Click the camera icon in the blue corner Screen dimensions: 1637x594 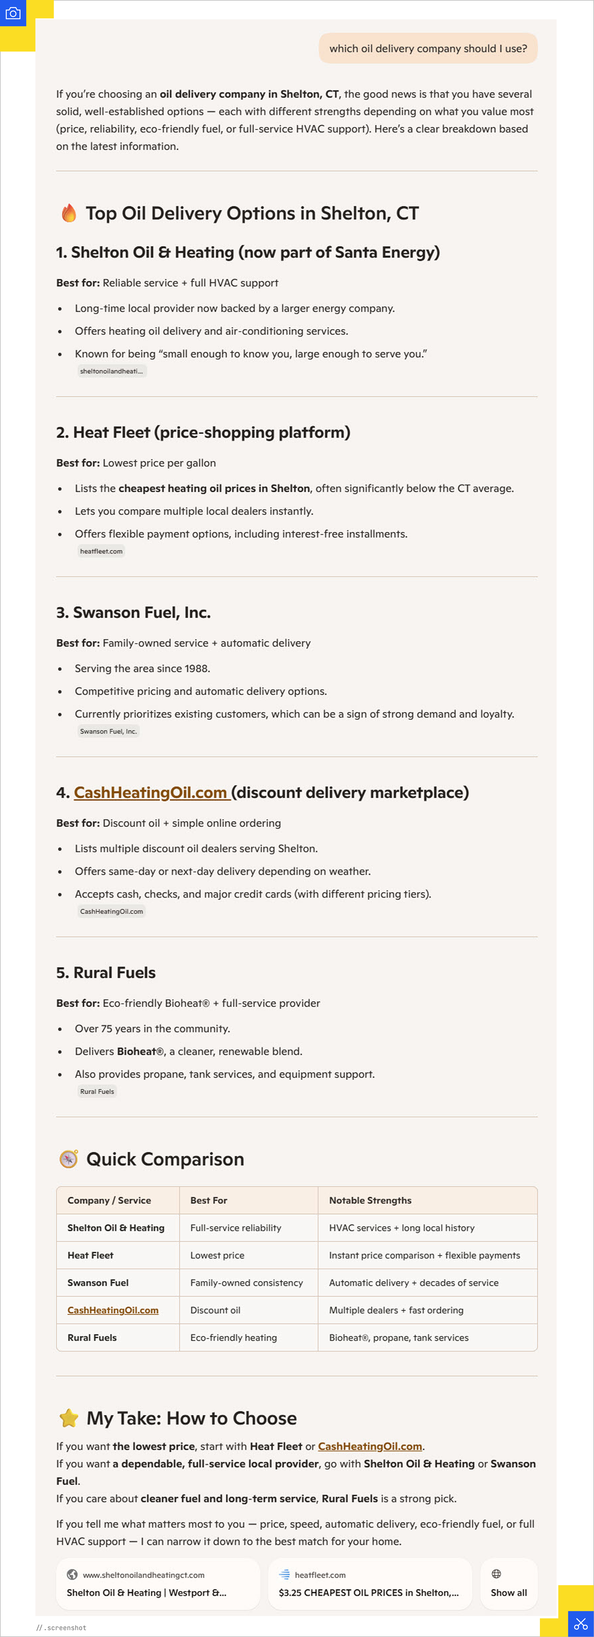point(13,13)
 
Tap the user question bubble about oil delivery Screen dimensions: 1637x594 point(428,48)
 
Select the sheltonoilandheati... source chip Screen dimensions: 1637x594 point(112,371)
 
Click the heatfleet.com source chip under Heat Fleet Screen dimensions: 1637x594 point(101,551)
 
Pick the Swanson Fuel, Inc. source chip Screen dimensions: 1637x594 point(108,731)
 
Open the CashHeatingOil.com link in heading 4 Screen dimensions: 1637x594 point(151,792)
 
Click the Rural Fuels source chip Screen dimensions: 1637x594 point(97,1092)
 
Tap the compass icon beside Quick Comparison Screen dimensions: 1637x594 point(69,1159)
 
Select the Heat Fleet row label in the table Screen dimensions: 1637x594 point(90,1255)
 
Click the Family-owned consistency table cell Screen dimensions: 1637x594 point(247,1282)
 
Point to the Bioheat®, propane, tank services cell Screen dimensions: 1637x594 point(398,1337)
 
